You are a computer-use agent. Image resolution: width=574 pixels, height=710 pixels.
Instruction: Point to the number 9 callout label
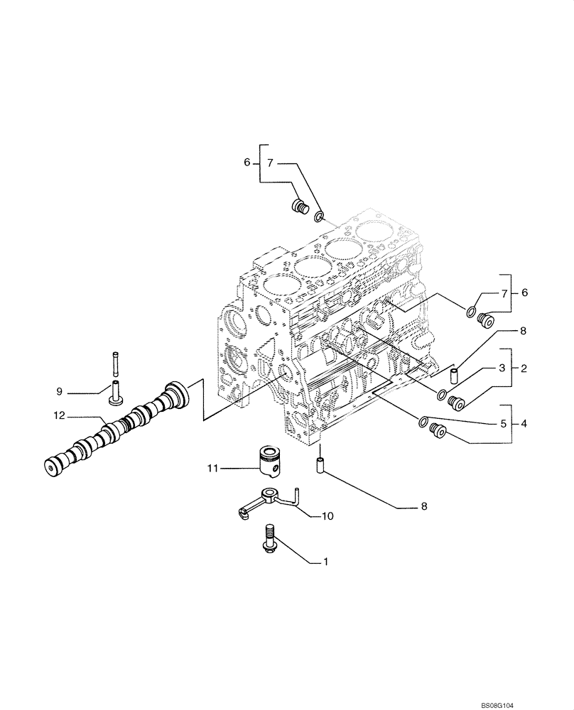(x=61, y=390)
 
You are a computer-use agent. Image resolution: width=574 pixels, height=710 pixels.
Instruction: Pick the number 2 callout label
(x=524, y=368)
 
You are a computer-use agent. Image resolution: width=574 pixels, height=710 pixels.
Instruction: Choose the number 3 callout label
(x=502, y=368)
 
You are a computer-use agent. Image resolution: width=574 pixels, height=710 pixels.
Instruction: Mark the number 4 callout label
(x=524, y=425)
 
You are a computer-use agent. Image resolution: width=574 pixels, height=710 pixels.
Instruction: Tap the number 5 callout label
(x=502, y=425)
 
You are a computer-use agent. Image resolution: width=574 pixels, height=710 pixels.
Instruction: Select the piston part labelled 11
(x=271, y=462)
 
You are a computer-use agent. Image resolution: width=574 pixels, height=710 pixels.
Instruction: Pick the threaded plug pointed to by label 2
(x=456, y=403)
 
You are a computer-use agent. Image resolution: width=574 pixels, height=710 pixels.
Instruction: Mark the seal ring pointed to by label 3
(x=442, y=394)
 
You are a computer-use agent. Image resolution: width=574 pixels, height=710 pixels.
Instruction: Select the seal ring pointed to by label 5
(x=423, y=421)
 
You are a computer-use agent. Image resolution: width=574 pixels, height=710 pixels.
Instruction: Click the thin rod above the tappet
(x=114, y=364)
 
